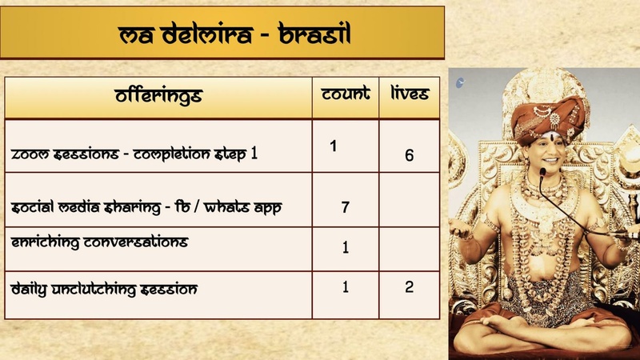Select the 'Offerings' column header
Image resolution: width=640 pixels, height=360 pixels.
(158, 97)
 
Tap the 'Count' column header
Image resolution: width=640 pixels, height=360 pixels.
(345, 94)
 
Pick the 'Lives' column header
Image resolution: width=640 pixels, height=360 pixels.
(409, 94)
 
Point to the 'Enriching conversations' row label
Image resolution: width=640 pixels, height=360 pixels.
(100, 242)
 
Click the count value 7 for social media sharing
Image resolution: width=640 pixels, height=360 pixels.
(345, 207)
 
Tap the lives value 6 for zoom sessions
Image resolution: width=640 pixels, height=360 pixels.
(409, 155)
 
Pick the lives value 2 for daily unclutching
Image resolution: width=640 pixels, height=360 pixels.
(409, 286)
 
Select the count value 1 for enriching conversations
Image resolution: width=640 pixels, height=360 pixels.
(345, 247)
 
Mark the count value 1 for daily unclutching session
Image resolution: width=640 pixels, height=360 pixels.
(345, 286)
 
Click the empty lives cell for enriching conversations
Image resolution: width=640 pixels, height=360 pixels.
(409, 248)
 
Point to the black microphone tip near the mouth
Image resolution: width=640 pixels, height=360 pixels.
(542, 171)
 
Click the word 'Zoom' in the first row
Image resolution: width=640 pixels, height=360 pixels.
(30, 154)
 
